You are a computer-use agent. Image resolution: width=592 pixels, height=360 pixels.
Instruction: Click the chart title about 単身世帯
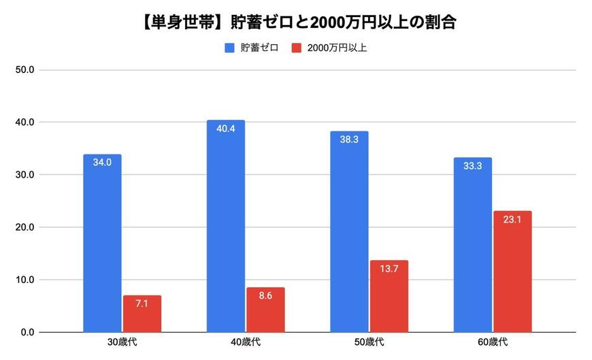click(297, 22)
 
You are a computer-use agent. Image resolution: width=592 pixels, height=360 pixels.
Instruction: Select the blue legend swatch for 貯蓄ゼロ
click(229, 48)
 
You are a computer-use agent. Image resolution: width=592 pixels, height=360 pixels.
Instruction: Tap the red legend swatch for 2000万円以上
click(296, 48)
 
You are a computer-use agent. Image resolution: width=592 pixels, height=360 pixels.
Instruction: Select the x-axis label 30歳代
click(122, 342)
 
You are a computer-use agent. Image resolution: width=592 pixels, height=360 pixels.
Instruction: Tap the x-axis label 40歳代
click(246, 342)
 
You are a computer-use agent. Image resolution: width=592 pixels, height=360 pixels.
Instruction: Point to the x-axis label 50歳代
click(369, 342)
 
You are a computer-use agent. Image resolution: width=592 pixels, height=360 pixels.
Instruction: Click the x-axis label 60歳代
click(492, 342)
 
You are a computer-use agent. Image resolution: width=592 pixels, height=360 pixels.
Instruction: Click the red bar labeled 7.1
click(142, 314)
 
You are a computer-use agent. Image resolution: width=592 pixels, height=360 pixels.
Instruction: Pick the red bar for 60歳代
click(512, 272)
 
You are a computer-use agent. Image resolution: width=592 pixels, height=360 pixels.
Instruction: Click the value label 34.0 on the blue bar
click(103, 163)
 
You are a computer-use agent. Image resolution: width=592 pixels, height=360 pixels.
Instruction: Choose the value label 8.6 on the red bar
click(265, 297)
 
